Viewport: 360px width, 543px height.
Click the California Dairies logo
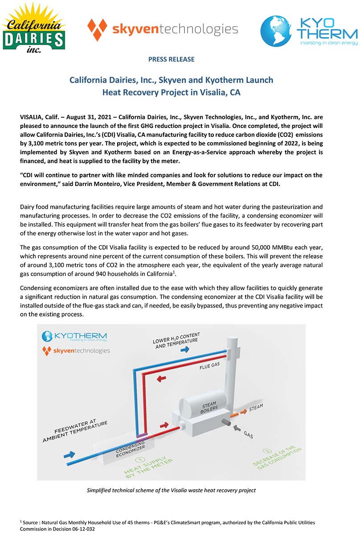point(33,28)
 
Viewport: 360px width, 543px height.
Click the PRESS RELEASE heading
point(171,59)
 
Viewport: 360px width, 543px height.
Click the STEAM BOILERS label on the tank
point(209,408)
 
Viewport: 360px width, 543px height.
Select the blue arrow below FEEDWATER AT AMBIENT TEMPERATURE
point(69,454)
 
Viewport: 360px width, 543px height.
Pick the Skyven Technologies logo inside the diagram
point(75,350)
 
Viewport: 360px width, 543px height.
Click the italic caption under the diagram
point(171,490)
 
